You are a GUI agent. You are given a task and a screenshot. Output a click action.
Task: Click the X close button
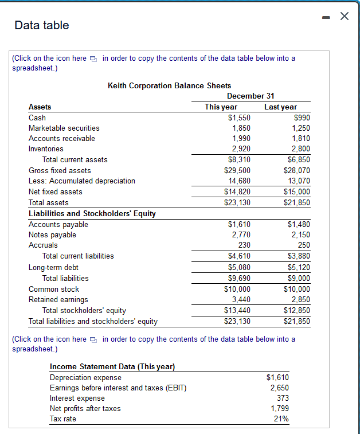point(344,17)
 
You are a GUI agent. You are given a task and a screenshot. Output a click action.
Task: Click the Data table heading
point(42,25)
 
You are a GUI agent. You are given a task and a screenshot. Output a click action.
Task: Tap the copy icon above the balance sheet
point(95,58)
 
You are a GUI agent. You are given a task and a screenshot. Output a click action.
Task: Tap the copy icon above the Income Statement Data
point(95,339)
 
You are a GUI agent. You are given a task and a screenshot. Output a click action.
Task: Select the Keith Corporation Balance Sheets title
point(169,85)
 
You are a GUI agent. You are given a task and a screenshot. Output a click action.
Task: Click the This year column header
point(221,107)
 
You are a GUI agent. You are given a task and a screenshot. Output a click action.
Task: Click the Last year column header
point(280,107)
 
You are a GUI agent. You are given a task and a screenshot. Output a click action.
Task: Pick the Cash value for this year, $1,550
point(239,118)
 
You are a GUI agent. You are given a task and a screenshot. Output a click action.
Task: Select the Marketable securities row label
point(64,128)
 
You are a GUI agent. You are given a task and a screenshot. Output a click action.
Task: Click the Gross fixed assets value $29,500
point(237,170)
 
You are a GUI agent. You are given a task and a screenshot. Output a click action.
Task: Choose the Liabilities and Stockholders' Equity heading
point(92,214)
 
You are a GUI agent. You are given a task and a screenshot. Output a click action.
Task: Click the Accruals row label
point(43,245)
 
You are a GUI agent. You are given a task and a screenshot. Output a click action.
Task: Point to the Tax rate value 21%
point(281,419)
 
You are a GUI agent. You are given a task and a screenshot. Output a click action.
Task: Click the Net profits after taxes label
point(85,408)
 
